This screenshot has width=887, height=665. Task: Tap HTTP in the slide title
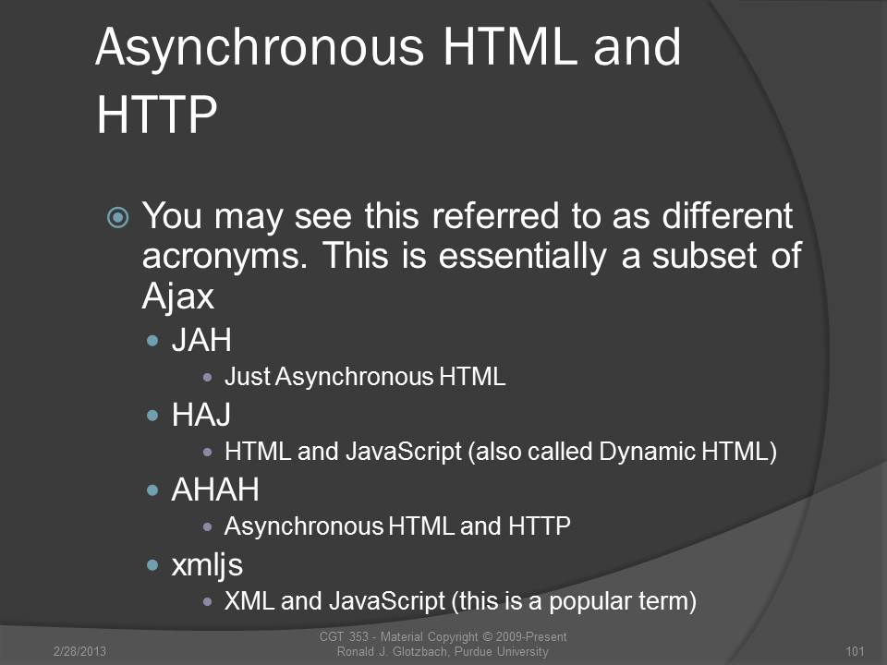[x=157, y=115]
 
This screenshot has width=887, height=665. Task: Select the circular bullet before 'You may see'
[x=118, y=217]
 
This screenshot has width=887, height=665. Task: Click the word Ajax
[x=177, y=296]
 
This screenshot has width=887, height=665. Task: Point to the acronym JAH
[x=201, y=341]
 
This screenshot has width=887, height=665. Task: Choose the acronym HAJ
[x=200, y=415]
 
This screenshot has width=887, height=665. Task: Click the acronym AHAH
[x=215, y=490]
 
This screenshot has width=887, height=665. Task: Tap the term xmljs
[x=207, y=565]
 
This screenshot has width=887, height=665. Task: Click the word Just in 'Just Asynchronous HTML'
[x=248, y=377]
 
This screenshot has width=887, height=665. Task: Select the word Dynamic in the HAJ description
[x=647, y=452]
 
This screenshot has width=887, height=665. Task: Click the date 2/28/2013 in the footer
[x=79, y=651]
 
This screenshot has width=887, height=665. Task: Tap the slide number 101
[x=855, y=651]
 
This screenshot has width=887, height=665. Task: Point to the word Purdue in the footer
[x=473, y=651]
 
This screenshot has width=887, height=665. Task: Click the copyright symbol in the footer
[x=487, y=636]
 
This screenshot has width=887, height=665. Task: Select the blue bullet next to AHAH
[x=152, y=490]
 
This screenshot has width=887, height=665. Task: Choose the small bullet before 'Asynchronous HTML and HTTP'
[x=208, y=527]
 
